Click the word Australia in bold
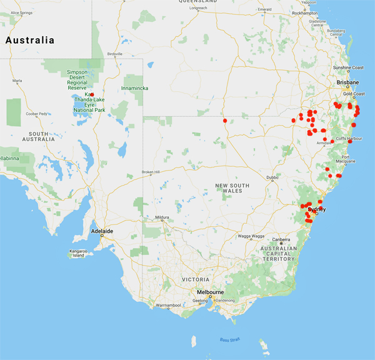29,40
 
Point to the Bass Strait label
229,340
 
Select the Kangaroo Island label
78,252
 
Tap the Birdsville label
114,54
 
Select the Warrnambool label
168,305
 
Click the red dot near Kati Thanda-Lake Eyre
91,94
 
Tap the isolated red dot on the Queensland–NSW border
225,121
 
